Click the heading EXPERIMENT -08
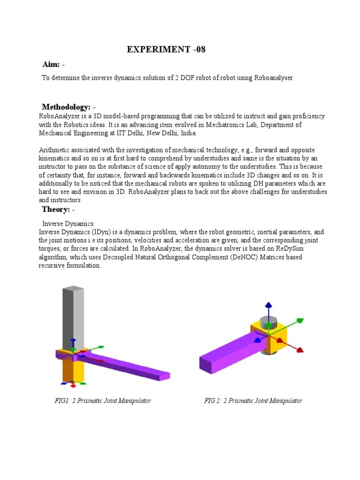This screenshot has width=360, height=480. click(x=166, y=50)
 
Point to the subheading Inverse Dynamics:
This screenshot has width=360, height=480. click(x=69, y=224)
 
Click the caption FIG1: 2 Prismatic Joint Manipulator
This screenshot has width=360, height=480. click(x=102, y=401)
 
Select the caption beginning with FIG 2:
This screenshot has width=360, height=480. click(x=253, y=401)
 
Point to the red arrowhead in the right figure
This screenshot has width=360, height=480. click(x=300, y=350)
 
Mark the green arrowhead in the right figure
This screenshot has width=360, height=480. click(x=299, y=321)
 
